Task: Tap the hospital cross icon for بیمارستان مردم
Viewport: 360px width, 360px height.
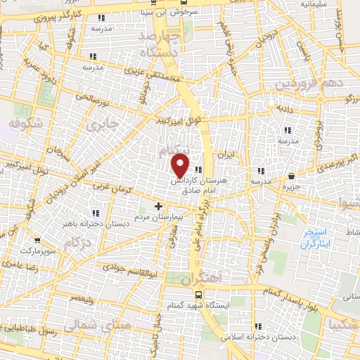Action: (158, 207)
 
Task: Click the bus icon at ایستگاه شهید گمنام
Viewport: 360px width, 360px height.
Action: (199, 295)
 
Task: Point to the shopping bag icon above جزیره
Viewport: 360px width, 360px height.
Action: (292, 176)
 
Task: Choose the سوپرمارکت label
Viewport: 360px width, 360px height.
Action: (37, 250)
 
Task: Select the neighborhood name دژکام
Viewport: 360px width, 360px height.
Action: (77, 243)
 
